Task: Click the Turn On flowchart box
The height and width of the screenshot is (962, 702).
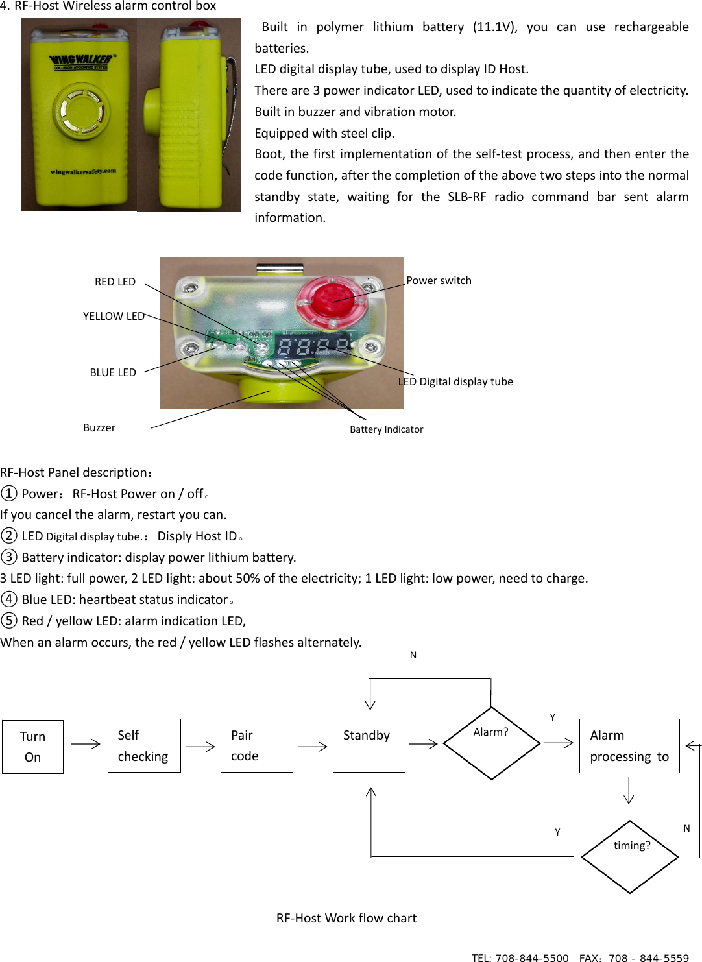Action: coord(32,747)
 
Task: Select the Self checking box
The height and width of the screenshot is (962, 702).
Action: coord(144,746)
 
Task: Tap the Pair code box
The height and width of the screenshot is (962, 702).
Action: coord(256,746)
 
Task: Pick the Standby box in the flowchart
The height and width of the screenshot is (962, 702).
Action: coord(369,746)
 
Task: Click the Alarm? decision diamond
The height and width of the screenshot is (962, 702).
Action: coord(491,743)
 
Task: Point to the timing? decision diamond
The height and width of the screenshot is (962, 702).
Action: coord(630,857)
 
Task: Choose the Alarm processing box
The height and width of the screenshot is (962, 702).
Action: coord(629,746)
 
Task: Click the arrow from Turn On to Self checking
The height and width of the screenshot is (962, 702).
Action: coord(86,744)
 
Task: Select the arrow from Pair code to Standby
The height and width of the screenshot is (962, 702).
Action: coord(313,747)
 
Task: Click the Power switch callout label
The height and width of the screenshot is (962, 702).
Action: coord(439,280)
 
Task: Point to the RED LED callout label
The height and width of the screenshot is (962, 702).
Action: coord(115,282)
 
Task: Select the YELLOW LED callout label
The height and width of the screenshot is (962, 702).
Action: coord(114,316)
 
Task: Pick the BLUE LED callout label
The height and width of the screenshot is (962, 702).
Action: coord(113,372)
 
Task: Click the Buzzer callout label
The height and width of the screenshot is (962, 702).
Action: coord(99,427)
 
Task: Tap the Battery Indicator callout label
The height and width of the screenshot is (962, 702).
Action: coord(386,429)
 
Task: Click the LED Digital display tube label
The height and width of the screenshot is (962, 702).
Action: coord(455,381)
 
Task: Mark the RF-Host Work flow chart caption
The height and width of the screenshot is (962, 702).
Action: coord(346,918)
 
